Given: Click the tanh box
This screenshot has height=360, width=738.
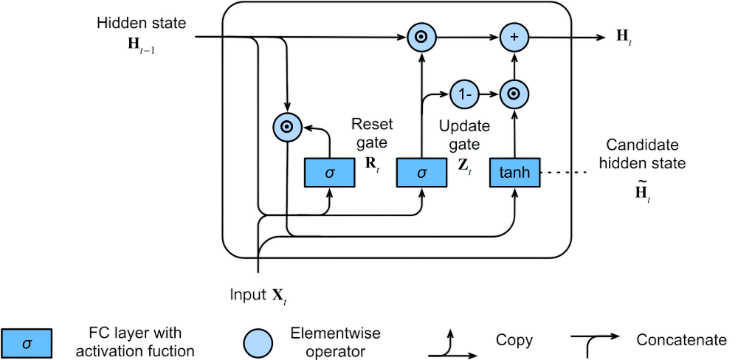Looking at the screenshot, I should (514, 173).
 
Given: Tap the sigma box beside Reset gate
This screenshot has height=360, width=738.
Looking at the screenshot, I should (330, 173).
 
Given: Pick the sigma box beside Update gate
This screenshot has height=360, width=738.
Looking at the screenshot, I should (421, 173).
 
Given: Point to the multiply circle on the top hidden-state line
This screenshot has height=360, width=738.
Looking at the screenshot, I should (420, 37).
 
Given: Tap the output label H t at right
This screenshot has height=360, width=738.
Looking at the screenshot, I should (624, 38).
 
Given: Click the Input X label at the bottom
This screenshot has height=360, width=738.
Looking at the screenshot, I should (258, 295).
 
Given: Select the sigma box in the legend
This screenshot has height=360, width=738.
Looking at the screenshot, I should (27, 342).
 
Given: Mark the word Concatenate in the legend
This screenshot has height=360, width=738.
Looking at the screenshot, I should (680, 342).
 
